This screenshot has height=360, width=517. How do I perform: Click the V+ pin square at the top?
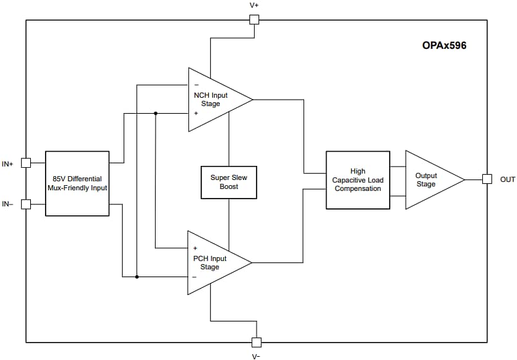pyautogui.click(x=254, y=19)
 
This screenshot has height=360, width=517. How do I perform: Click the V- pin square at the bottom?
pyautogui.click(x=256, y=341)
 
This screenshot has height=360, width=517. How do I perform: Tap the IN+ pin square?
pyautogui.click(x=26, y=163)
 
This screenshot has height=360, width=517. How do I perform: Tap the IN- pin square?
pyautogui.click(x=26, y=204)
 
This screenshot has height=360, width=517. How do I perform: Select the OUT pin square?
pyautogui.click(x=487, y=179)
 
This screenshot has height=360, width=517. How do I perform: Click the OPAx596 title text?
pyautogui.click(x=444, y=46)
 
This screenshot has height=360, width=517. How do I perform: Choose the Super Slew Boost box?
pyautogui.click(x=229, y=182)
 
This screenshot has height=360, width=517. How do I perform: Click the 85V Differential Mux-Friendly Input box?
pyautogui.click(x=77, y=183)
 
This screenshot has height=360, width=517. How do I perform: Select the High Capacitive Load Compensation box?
pyautogui.click(x=358, y=180)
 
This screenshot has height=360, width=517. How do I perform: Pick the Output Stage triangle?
pyautogui.click(x=428, y=180)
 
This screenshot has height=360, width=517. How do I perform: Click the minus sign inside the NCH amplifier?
pyautogui.click(x=195, y=85)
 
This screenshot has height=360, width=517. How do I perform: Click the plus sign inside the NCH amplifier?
pyautogui.click(x=195, y=113)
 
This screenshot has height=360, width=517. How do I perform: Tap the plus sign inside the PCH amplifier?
pyautogui.click(x=195, y=248)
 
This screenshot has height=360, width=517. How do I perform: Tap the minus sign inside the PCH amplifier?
pyautogui.click(x=195, y=277)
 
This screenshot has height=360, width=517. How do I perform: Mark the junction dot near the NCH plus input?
pyautogui.click(x=156, y=114)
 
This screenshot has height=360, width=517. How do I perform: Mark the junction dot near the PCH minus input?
pyautogui.click(x=137, y=277)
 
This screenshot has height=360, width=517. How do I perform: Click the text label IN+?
pyautogui.click(x=8, y=164)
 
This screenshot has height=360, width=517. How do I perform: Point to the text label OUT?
pyautogui.click(x=507, y=179)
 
